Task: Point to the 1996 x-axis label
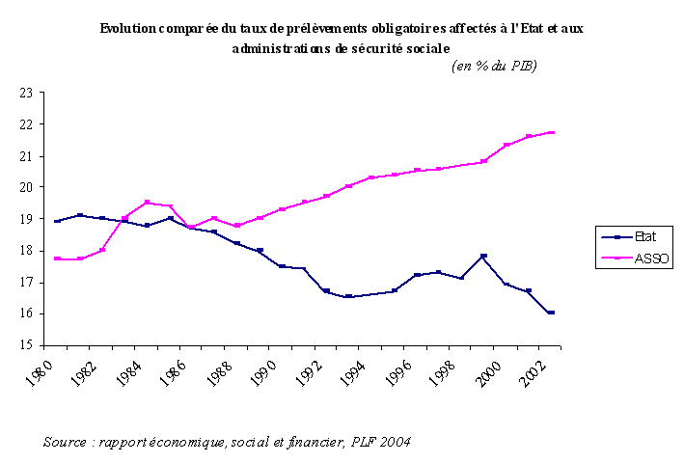tap(403, 370)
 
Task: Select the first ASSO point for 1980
tap(59, 259)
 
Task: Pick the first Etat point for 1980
tap(59, 221)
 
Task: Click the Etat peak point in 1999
tap(483, 256)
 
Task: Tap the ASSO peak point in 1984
tap(148, 203)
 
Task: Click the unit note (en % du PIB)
tap(495, 66)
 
